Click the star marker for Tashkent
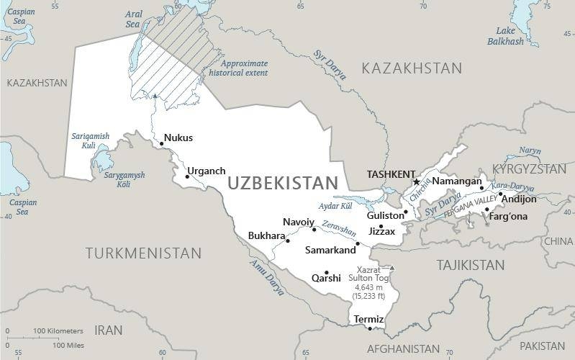416,182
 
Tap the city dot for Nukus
161,143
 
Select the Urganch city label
206,171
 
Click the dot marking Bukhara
288,240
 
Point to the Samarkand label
330,251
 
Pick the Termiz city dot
370,329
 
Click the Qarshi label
325,278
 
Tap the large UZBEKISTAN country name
282,184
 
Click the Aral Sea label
132,19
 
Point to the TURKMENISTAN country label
143,253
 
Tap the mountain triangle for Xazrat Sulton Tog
391,269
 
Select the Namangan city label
456,181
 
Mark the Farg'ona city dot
487,210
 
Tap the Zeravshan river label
339,228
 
